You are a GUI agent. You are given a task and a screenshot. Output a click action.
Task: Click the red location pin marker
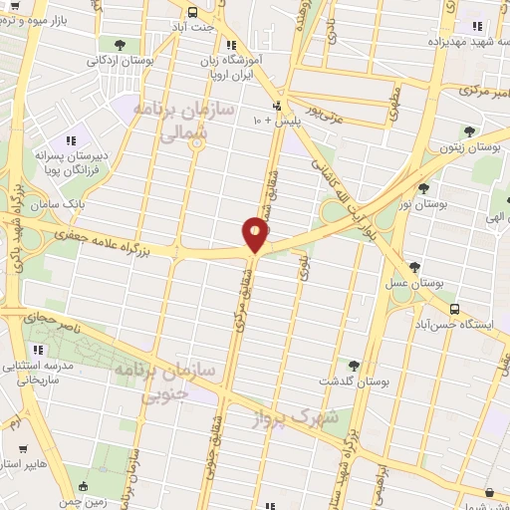(255, 234)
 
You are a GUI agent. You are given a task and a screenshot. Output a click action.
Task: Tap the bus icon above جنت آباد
(192, 11)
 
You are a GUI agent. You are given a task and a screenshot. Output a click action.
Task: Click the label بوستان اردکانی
(121, 60)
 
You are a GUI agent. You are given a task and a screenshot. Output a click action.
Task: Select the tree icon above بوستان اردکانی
(121, 45)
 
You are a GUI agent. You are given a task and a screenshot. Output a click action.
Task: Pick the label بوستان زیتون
(472, 146)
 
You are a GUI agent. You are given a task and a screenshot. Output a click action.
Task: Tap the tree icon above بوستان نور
(424, 188)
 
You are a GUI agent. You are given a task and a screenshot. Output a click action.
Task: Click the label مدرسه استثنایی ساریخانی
(39, 373)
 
